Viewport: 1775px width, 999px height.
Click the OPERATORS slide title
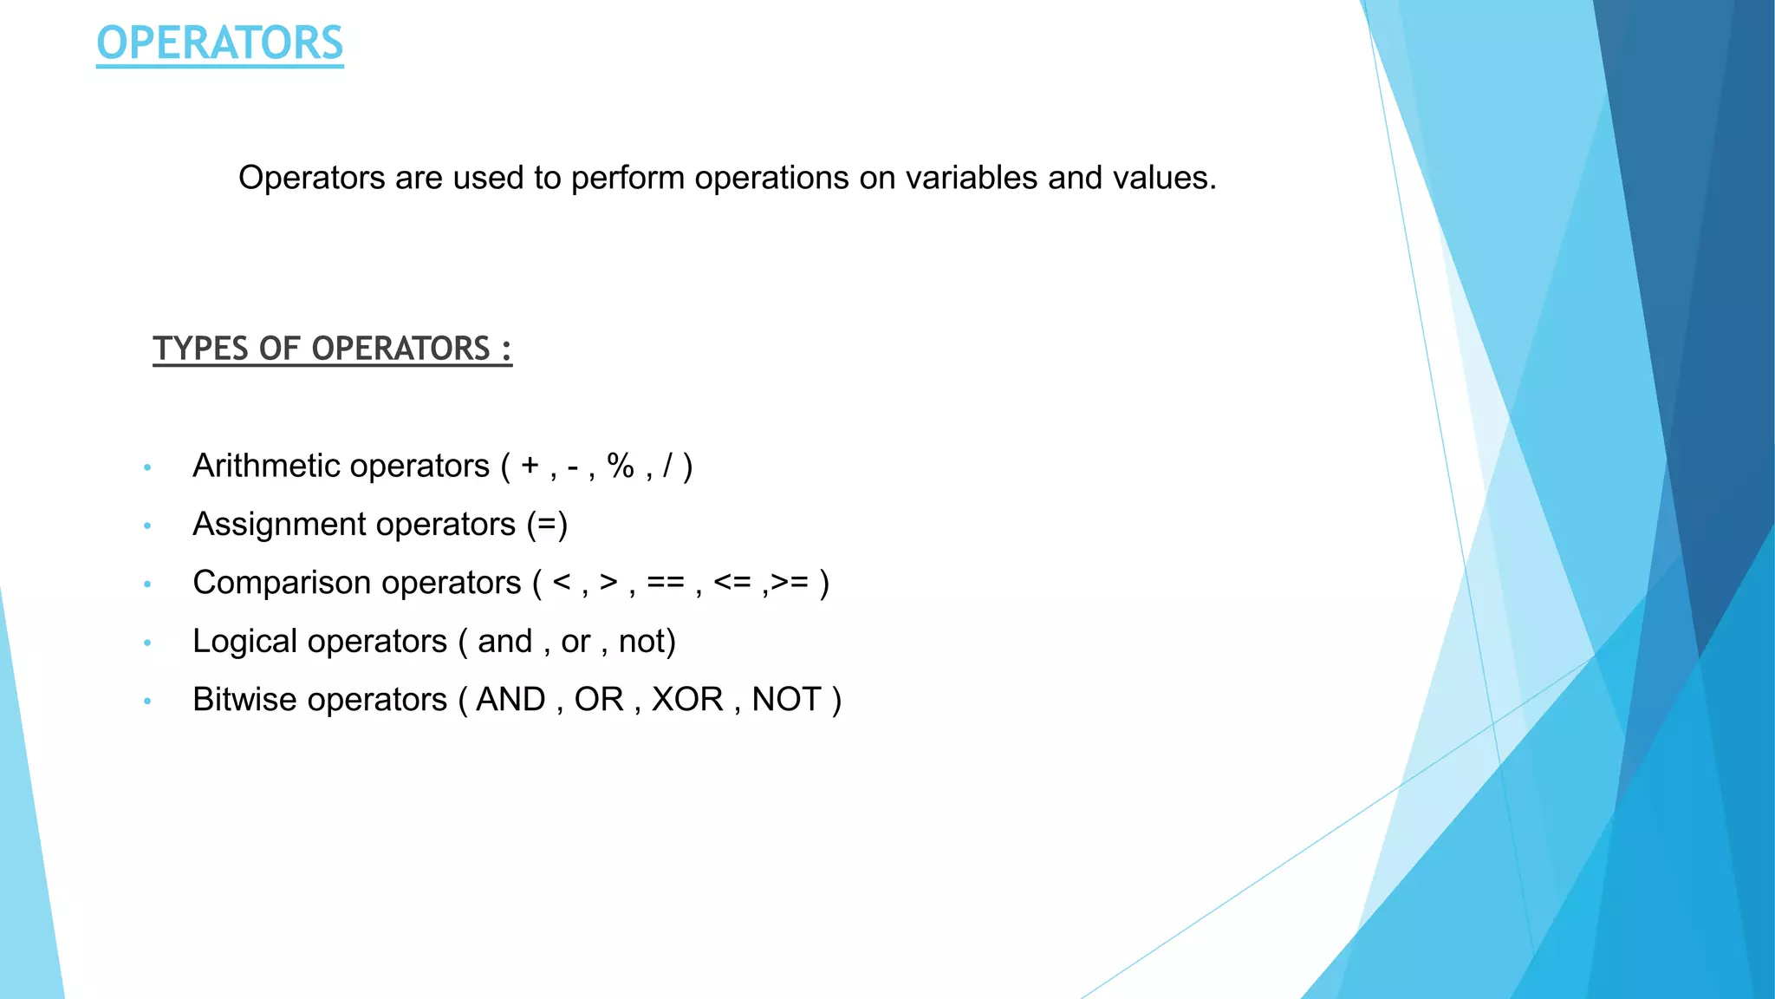pyautogui.click(x=219, y=43)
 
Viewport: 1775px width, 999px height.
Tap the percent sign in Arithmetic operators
pyautogui.click(x=621, y=467)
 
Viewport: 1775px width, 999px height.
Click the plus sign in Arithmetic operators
pyautogui.click(x=530, y=467)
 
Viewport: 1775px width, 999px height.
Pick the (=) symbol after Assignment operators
pyautogui.click(x=547, y=525)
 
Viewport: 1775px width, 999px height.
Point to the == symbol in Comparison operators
pyautogui.click(x=665, y=583)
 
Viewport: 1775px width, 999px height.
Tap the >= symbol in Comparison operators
pyautogui.click(x=790, y=583)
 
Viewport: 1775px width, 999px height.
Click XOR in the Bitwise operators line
pyautogui.click(x=687, y=700)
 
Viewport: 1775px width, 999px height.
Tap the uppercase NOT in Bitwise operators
pyautogui.click(x=786, y=700)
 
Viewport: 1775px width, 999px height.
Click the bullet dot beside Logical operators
pyautogui.click(x=147, y=643)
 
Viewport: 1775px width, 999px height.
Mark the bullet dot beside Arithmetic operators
pyautogui.click(x=147, y=467)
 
